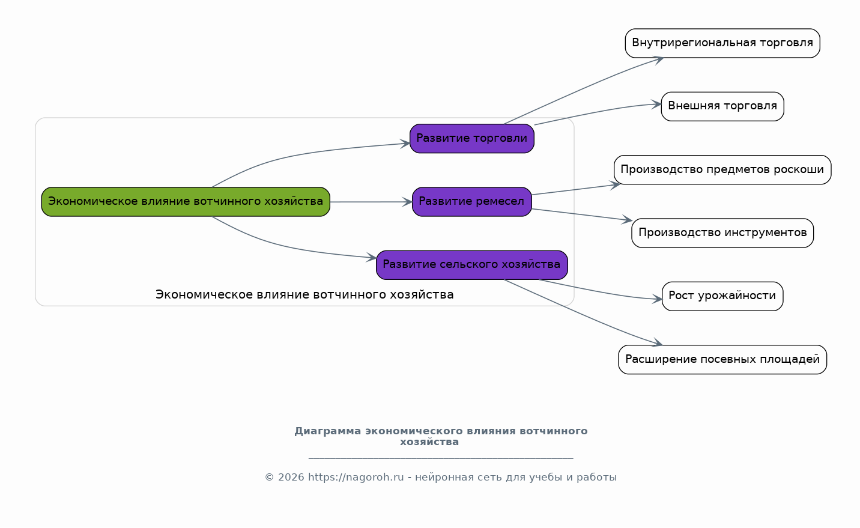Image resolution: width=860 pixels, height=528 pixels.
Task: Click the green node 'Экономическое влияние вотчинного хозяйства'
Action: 186,202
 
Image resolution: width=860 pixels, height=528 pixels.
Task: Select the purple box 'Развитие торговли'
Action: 472,138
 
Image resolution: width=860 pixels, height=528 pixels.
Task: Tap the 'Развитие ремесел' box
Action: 472,202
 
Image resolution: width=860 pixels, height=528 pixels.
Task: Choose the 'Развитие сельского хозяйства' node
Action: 472,265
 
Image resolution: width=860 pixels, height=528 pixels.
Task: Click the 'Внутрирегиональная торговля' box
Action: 722,43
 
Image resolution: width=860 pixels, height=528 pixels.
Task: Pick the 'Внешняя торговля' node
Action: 722,106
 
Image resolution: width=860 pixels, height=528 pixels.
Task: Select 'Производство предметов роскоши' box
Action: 722,170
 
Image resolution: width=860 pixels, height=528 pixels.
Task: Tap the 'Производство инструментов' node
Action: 722,233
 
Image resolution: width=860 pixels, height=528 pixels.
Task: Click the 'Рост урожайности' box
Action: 722,297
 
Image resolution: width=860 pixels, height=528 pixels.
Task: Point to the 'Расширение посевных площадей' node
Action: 722,359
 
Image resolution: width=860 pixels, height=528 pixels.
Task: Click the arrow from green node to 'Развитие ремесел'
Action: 371,202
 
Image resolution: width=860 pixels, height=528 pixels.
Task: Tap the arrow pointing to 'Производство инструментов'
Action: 582,214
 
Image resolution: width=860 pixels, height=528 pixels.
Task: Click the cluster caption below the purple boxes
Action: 304,295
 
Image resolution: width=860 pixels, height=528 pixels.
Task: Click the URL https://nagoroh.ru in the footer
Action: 356,478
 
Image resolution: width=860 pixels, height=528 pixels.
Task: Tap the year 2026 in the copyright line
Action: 291,478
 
